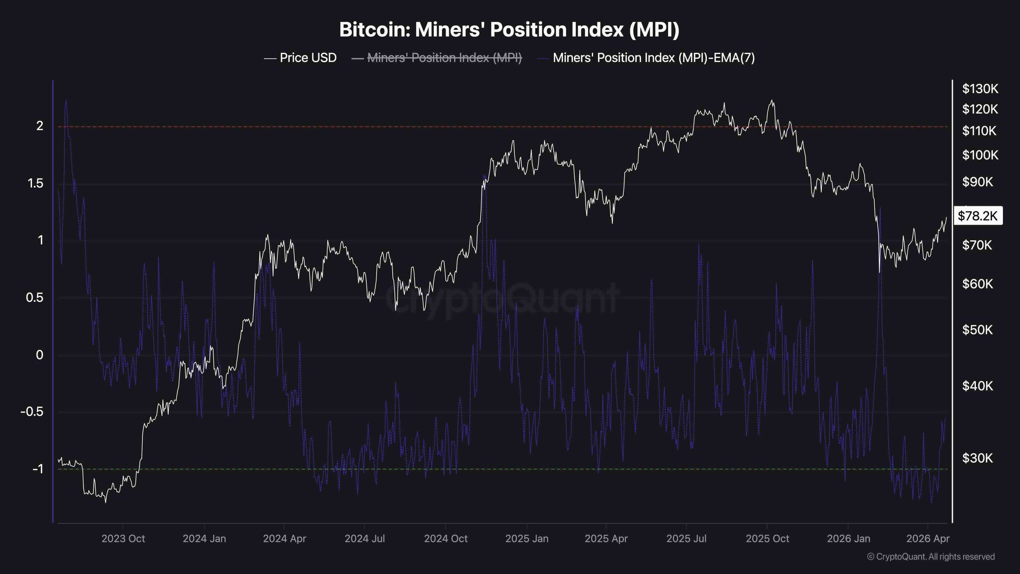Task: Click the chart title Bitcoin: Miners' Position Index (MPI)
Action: (x=509, y=29)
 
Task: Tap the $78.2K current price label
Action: (x=977, y=216)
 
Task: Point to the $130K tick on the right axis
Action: (x=980, y=88)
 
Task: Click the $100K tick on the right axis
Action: (x=980, y=155)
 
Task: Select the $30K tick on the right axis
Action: (x=977, y=458)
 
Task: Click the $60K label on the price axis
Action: (x=977, y=284)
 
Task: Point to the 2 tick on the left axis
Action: (x=40, y=126)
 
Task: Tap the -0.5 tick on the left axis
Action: (x=32, y=411)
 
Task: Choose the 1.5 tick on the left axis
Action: (x=35, y=183)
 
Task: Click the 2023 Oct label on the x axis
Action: (x=123, y=539)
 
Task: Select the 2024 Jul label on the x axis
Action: (x=365, y=539)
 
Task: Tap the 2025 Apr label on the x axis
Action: (x=606, y=539)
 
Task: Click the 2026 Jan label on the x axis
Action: (x=848, y=539)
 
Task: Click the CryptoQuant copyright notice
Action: (x=931, y=556)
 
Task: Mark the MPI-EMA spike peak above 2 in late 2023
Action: (x=66, y=100)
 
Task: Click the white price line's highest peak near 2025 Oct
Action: (x=772, y=100)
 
